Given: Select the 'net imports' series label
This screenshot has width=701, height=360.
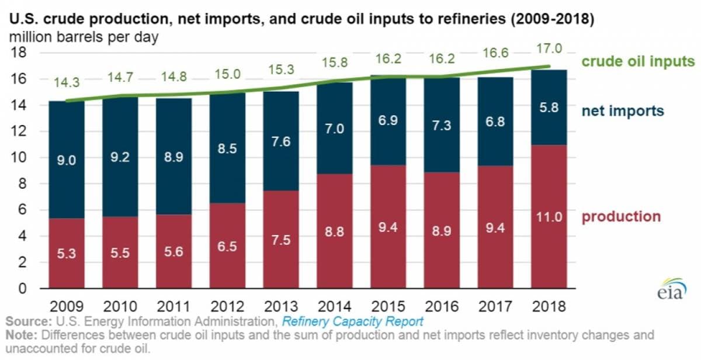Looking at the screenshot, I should [x=623, y=110].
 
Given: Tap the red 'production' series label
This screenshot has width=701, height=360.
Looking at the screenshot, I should [x=621, y=216].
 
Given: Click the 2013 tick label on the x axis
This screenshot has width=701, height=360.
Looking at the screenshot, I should [x=282, y=306].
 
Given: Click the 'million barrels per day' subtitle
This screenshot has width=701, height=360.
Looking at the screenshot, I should [x=84, y=36].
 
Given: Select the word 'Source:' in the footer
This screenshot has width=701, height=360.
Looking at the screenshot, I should [x=27, y=322].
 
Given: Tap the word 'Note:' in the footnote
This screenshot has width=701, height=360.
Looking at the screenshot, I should [x=23, y=335].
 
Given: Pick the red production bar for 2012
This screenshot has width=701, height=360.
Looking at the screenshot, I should [x=228, y=245].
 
